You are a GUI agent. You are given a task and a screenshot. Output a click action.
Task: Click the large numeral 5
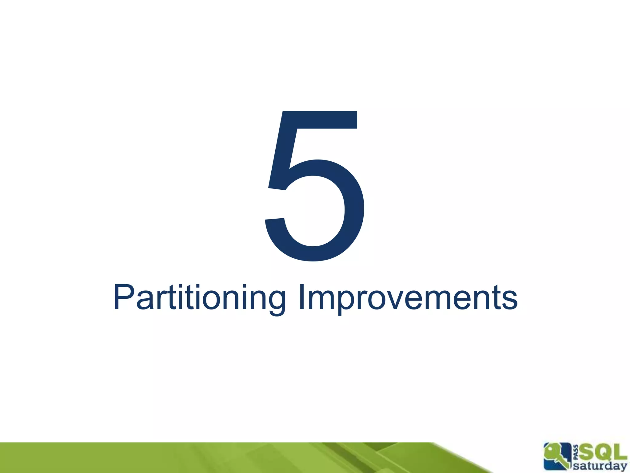[315, 185]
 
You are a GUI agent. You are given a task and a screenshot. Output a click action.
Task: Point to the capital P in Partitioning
[123, 297]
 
